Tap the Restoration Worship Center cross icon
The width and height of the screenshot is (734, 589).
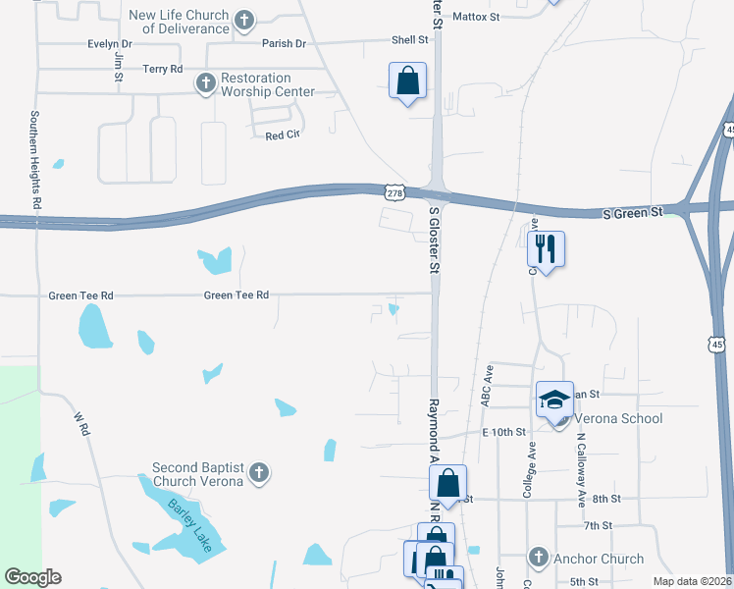coord(205,84)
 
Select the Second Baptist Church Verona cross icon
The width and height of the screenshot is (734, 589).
coord(258,474)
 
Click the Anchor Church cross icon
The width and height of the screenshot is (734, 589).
coord(537,558)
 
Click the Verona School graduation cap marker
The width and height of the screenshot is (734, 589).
coord(554,400)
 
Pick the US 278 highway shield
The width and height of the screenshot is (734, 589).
coord(394,192)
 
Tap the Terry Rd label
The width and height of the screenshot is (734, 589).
coord(162,69)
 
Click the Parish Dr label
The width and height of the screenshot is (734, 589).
coord(284,44)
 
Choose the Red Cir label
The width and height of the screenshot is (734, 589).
coord(282,135)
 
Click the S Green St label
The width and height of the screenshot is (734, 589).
coord(632,212)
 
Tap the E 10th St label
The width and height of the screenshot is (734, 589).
coord(503,432)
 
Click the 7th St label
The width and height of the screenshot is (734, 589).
coord(597,526)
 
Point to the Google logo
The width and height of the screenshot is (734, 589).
coord(32,577)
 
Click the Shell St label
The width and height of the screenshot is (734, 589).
coord(410,40)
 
